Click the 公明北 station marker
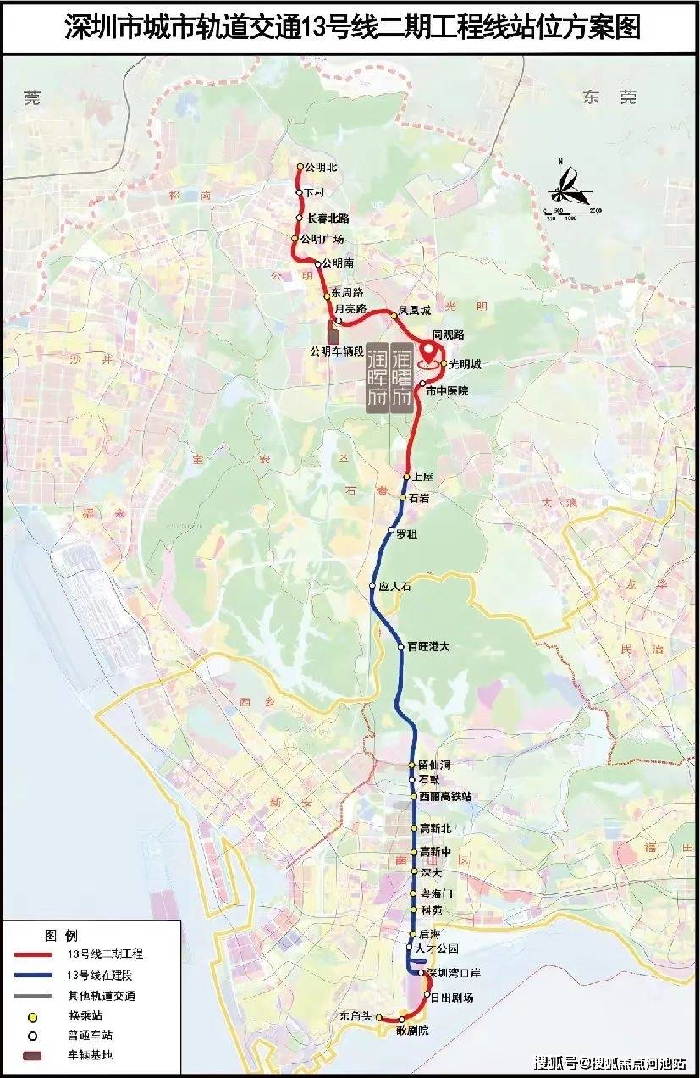(x=300, y=167)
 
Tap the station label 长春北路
(x=328, y=218)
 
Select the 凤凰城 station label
(x=415, y=311)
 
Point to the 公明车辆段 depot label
(x=336, y=351)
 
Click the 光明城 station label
(x=465, y=364)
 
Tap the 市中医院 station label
(x=447, y=391)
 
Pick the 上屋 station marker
(x=406, y=478)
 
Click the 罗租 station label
(x=407, y=534)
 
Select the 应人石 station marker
(x=372, y=586)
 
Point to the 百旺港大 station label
(x=427, y=647)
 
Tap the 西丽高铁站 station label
(x=445, y=797)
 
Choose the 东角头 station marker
(x=379, y=1016)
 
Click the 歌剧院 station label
(x=412, y=1031)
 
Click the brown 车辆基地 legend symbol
(x=35, y=1055)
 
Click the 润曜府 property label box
(x=401, y=378)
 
